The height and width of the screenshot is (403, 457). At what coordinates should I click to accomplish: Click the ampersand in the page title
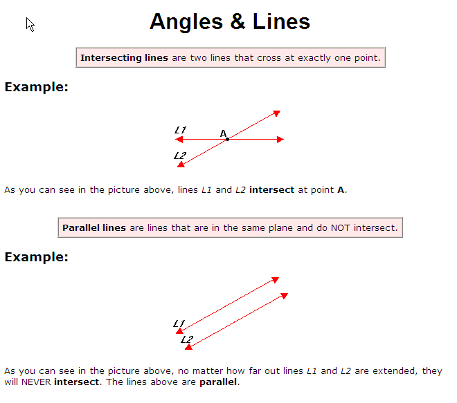(x=238, y=21)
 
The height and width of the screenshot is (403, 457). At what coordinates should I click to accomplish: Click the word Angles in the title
(x=186, y=22)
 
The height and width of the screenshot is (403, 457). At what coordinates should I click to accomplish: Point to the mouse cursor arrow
(x=30, y=24)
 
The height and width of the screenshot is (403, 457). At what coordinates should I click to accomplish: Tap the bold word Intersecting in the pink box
(x=111, y=57)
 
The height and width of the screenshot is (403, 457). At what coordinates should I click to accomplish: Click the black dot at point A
(x=227, y=140)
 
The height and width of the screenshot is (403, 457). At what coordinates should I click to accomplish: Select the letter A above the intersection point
(x=223, y=133)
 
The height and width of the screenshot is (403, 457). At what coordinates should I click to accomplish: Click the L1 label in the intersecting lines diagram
(x=181, y=130)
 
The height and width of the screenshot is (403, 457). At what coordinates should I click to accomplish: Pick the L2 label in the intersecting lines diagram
(x=180, y=156)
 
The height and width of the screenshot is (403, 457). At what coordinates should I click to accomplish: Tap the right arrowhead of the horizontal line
(x=280, y=140)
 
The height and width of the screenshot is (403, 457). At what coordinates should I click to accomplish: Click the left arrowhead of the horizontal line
(x=179, y=140)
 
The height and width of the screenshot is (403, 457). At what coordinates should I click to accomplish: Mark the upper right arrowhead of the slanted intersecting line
(x=276, y=113)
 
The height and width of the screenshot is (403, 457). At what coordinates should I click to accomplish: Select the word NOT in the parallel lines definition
(x=340, y=227)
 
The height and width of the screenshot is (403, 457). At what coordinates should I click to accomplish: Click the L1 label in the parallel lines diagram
(x=179, y=324)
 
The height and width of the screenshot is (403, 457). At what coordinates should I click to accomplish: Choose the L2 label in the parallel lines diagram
(x=187, y=339)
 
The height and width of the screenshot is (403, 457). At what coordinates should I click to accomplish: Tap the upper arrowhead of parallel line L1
(x=276, y=280)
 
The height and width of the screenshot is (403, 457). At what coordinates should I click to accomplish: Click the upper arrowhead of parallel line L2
(x=285, y=296)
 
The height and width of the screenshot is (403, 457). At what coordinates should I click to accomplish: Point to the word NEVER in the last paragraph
(x=36, y=382)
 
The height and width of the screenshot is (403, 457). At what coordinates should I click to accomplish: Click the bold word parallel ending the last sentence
(x=218, y=382)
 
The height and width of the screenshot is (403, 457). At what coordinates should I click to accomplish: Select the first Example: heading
(x=37, y=87)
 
